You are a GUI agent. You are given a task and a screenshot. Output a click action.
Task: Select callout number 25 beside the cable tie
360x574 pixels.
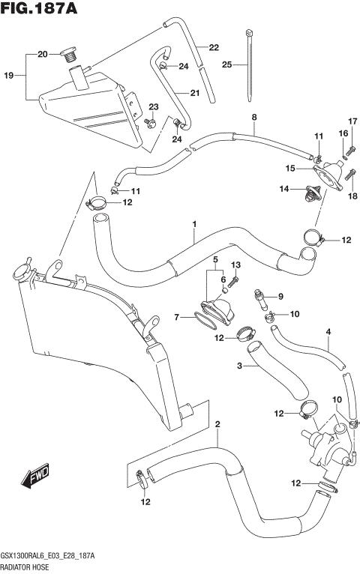(x=227, y=65)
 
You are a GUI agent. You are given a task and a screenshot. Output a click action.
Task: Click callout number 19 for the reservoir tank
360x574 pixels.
(x=9, y=76)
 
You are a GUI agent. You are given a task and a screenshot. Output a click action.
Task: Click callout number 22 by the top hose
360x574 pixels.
(x=214, y=47)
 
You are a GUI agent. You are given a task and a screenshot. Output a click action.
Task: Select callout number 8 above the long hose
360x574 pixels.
(x=253, y=117)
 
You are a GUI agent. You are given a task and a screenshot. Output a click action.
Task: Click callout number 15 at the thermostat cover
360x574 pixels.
(x=289, y=169)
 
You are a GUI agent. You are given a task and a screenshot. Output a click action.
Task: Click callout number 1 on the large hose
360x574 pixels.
(x=193, y=224)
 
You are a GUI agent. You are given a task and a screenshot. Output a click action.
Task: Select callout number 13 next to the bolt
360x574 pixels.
(x=235, y=265)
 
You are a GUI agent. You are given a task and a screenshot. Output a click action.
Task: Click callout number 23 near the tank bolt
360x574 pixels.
(x=153, y=106)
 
